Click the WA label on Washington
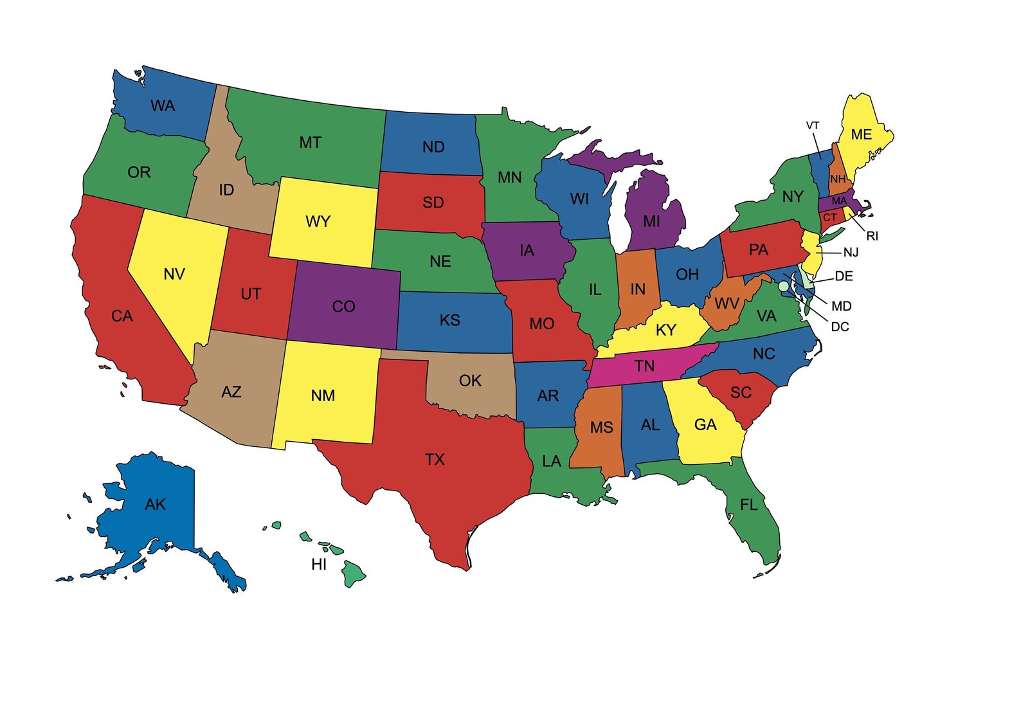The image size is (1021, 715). pos(163,105)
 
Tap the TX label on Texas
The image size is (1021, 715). pos(435,459)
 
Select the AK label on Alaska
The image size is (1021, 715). pos(155,504)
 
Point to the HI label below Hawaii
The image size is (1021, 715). pos(319,564)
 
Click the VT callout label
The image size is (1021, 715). pos(813,125)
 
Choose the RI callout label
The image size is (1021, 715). pos(872,236)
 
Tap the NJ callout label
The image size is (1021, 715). pos(851,252)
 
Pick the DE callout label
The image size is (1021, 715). pos(844,276)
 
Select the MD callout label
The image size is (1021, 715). pos(841,306)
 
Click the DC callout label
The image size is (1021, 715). pos(840,327)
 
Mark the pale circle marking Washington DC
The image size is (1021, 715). pos(783,287)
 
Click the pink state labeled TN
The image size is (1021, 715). pos(644,367)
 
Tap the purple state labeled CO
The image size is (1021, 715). pos(343,306)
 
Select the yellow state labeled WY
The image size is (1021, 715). pos(318,222)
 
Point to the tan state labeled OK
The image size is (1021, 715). pos(470,381)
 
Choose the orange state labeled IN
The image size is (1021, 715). pos(637,289)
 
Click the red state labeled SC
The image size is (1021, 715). pos(741,392)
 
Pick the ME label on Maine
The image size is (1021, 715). pos(862,134)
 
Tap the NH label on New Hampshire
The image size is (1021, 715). pos(838,179)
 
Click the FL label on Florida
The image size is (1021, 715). pos(749,505)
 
